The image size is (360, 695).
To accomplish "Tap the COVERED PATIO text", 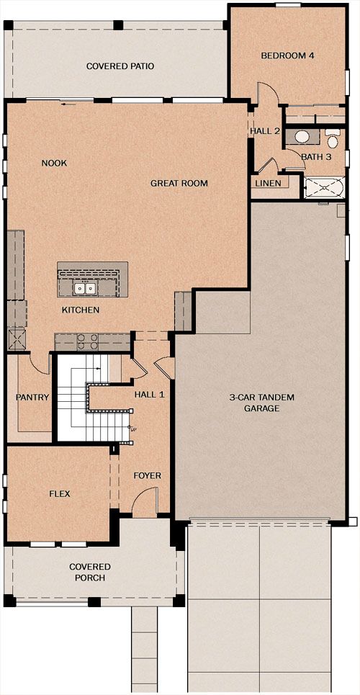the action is pyautogui.click(x=120, y=66).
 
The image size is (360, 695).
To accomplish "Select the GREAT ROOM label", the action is pyautogui.click(x=179, y=183).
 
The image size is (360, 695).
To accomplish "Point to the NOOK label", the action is pyautogui.click(x=54, y=163).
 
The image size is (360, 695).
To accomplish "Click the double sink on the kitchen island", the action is pyautogui.click(x=86, y=289).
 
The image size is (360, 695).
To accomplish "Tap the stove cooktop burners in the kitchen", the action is pyautogui.click(x=87, y=341).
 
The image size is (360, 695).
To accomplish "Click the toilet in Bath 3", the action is pyautogui.click(x=332, y=139).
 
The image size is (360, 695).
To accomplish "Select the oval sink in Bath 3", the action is pyautogui.click(x=303, y=137).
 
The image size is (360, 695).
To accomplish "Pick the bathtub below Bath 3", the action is pyautogui.click(x=324, y=187).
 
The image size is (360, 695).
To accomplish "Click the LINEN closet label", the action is pyautogui.click(x=269, y=184).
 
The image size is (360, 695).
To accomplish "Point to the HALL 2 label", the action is pyautogui.click(x=265, y=131).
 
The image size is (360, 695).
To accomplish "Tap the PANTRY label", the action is pyautogui.click(x=32, y=397).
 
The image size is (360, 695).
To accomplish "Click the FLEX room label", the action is pyautogui.click(x=60, y=494).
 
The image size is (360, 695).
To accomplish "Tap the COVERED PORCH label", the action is pyautogui.click(x=90, y=573).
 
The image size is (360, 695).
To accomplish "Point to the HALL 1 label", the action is pyautogui.click(x=150, y=394).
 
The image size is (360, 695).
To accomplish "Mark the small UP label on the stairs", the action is pyautogui.click(x=132, y=429).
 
